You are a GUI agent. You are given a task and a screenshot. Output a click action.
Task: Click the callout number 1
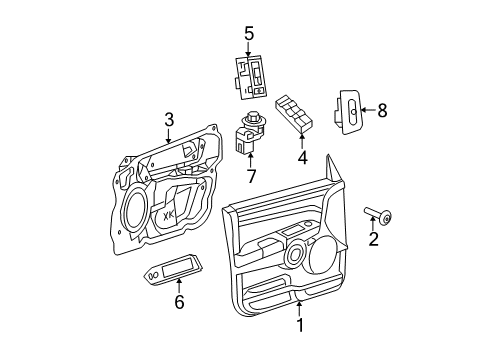tap(297, 325)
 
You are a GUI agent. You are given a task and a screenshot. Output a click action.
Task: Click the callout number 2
tap(374, 240)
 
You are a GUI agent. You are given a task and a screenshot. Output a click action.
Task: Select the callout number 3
tap(169, 119)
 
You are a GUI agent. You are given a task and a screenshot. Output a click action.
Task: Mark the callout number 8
tap(381, 111)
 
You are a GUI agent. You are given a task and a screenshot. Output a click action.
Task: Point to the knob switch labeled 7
tap(248, 134)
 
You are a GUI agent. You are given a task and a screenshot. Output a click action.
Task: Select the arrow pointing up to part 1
tap(297, 305)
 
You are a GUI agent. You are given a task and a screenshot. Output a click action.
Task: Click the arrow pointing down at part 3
tap(169, 135)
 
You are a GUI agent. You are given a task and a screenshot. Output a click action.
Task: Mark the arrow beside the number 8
tap(368, 111)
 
